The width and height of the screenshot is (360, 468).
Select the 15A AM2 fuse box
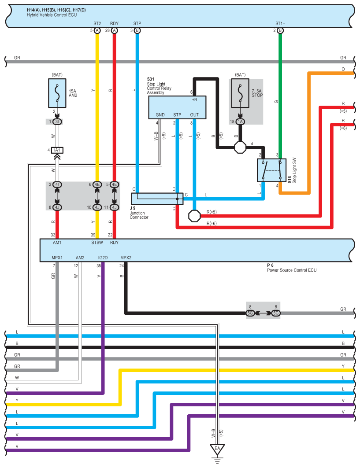(57, 93)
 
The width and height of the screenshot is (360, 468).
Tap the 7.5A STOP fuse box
(240, 93)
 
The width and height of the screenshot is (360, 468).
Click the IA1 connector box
(57, 150)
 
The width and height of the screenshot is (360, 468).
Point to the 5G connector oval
(250, 313)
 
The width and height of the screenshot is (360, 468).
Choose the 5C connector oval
(276, 313)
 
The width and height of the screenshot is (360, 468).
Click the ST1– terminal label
(280, 23)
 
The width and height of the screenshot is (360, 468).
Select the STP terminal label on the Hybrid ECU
(137, 23)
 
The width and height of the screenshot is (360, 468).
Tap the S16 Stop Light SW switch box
(271, 170)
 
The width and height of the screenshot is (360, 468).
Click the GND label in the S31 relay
(160, 114)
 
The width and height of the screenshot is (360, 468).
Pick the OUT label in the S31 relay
(194, 114)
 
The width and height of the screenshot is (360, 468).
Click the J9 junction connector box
(157, 199)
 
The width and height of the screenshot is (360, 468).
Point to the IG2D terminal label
(103, 258)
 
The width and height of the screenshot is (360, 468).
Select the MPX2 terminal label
(126, 258)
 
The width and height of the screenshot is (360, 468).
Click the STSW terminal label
(97, 243)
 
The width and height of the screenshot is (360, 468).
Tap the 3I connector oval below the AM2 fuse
(57, 122)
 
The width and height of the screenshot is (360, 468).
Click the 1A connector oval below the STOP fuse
(240, 122)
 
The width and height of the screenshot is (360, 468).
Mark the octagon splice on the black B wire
(240, 147)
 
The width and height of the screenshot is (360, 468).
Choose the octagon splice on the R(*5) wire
(194, 216)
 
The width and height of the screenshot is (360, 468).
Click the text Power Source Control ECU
(292, 270)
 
